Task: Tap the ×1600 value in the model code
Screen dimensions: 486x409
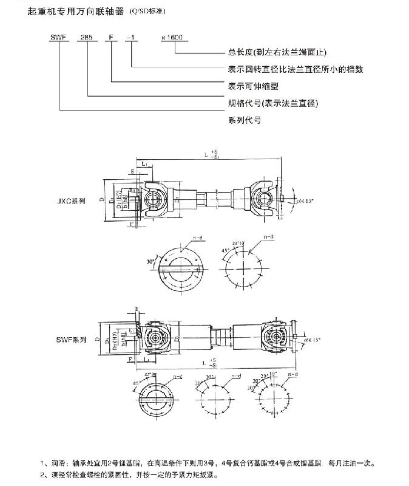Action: click(x=172, y=37)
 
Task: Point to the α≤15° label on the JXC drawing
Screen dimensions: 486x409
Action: click(x=302, y=199)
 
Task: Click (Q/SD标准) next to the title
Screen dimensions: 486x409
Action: click(x=146, y=12)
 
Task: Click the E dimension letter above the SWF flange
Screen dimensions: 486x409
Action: click(x=137, y=309)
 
